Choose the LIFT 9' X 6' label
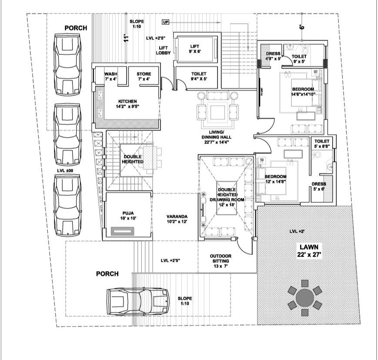click(195, 48)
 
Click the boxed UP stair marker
click(165, 22)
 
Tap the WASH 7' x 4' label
click(110, 76)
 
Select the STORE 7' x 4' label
click(144, 76)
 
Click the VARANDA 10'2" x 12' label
click(177, 219)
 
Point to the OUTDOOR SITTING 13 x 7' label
click(220, 260)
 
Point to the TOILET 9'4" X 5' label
click(199, 76)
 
